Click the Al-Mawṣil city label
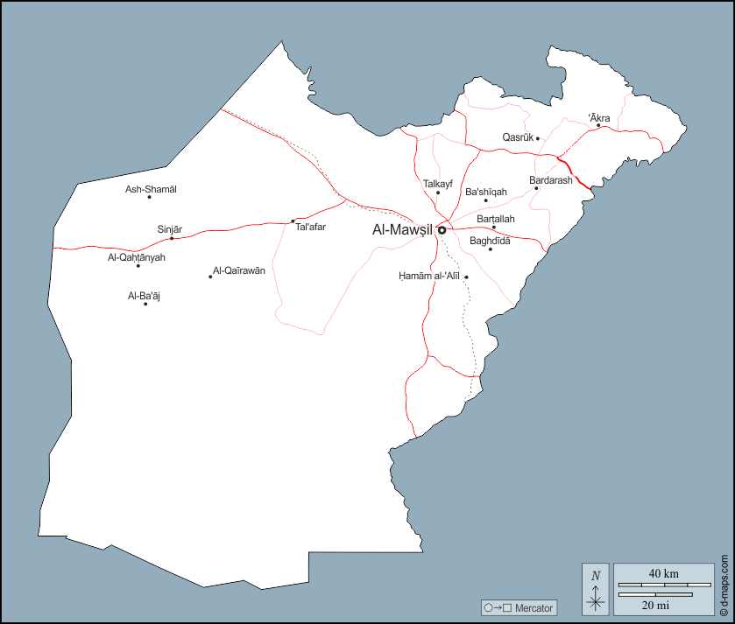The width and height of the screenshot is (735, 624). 403,230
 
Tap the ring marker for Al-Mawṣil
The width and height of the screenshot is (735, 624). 442,230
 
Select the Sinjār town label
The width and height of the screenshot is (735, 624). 169,229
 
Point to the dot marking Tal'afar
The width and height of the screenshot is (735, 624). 293,221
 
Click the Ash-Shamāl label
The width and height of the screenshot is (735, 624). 151,189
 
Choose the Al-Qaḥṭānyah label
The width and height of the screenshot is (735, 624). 137,257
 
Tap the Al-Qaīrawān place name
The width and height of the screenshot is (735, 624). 239,271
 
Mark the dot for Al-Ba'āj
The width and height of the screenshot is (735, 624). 145,304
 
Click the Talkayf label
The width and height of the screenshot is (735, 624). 437,184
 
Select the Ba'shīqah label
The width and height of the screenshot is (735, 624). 486,192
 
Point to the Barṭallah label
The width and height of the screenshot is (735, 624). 496,219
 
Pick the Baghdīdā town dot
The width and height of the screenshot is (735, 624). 491,249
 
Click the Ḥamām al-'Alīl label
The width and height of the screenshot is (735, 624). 429,277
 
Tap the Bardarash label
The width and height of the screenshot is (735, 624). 550,180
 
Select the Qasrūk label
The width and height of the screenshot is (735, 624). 518,137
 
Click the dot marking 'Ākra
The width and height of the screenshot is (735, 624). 598,125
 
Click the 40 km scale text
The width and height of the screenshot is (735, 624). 663,573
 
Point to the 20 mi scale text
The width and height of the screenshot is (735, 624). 655,605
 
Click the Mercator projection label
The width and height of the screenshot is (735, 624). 534,607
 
